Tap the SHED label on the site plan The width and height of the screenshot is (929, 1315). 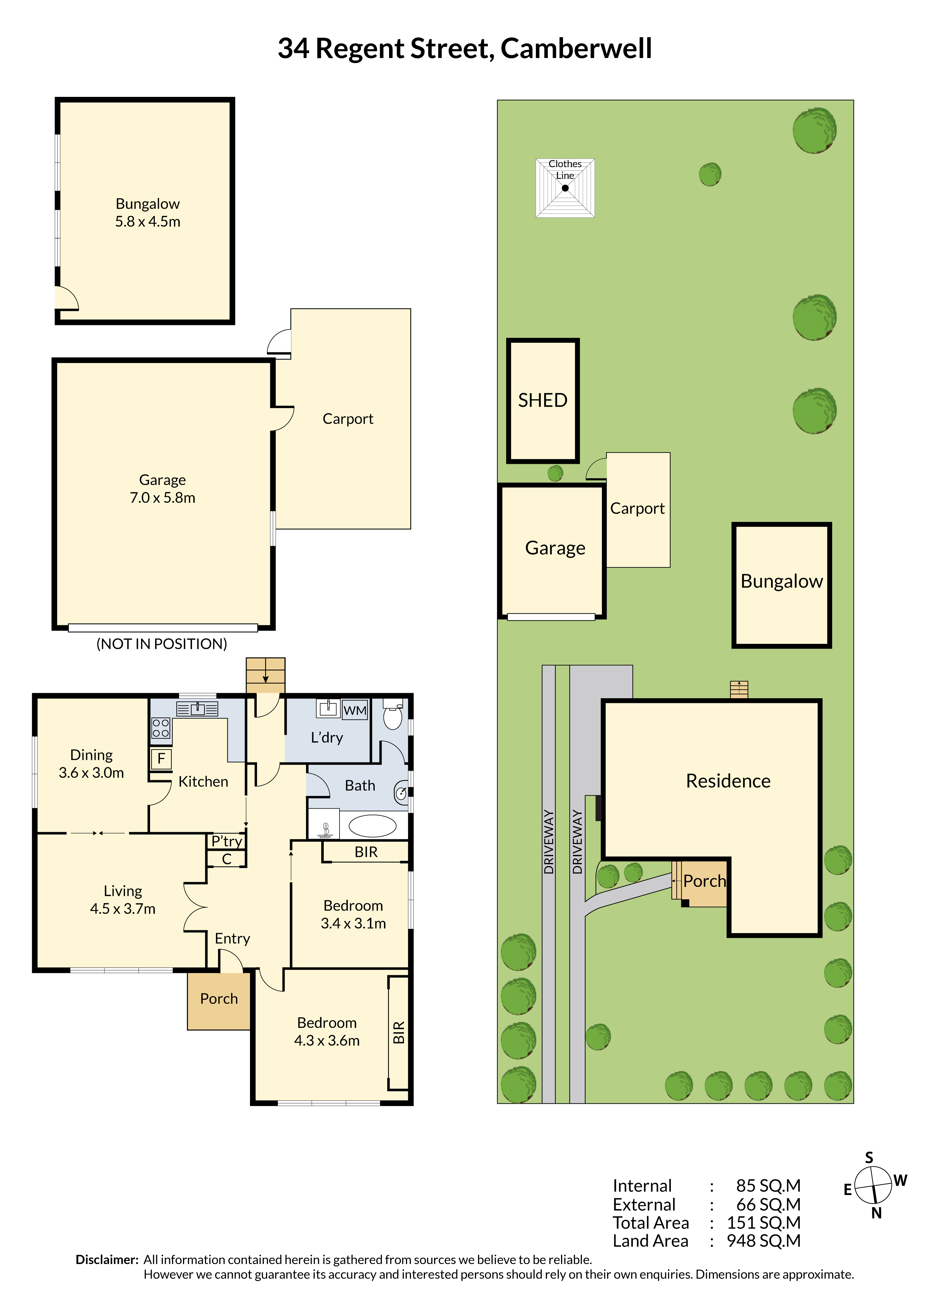pos(542,400)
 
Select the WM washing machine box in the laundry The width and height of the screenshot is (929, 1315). pos(354,711)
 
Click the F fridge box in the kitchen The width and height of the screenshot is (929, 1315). pos(161,759)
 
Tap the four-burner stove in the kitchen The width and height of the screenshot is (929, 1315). pos(161,728)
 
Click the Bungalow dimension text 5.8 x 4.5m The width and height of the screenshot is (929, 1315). pos(148,222)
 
